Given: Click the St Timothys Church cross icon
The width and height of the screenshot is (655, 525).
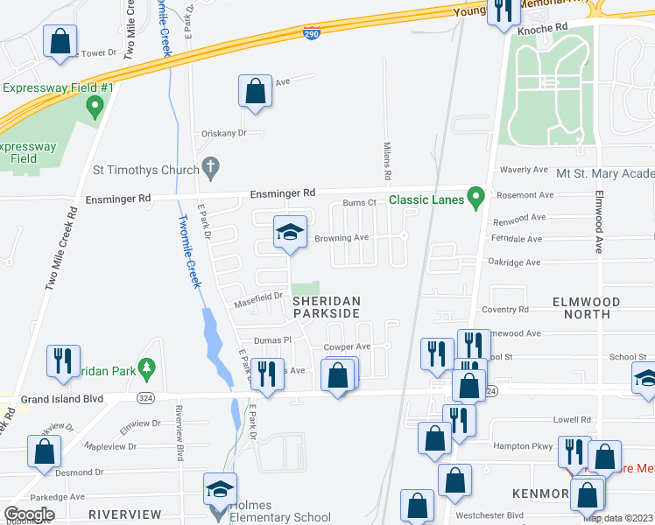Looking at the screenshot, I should click(209, 165).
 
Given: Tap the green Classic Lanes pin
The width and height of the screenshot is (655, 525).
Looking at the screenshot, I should click(475, 197).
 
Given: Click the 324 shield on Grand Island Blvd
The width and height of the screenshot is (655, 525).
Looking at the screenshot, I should click(146, 397).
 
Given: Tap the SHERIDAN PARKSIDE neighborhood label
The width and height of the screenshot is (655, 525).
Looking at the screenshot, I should click(326, 306).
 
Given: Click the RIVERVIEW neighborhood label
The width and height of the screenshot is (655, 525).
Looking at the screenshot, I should click(125, 514).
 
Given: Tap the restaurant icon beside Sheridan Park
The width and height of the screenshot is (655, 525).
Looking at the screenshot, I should click(63, 360).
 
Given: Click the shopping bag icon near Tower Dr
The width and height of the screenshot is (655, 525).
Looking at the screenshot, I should click(60, 40).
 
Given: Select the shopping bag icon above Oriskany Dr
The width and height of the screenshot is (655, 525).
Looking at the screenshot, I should click(255, 90).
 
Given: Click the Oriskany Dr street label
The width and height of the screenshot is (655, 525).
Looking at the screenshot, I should click(226, 133).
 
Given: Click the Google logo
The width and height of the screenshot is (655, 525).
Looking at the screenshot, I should click(30, 514).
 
